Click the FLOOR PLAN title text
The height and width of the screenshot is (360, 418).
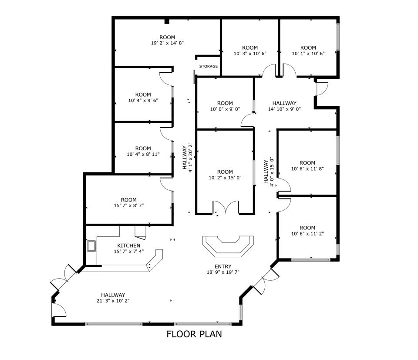tap(194, 334)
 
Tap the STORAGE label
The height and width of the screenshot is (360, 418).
tap(209, 67)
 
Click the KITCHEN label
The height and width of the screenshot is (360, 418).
tap(128, 246)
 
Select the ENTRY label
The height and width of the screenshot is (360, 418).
tap(222, 266)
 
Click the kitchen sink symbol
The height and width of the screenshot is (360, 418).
tap(92, 247)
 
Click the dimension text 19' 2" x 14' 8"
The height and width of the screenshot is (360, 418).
tap(168, 43)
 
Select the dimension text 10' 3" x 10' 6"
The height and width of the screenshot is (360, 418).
tap(250, 54)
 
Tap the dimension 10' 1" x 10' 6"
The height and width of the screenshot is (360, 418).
tap(308, 54)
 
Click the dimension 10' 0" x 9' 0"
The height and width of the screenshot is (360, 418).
tap(225, 109)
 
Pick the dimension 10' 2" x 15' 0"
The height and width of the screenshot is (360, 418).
tap(225, 178)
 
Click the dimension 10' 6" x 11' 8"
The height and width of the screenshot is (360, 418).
tap(307, 169)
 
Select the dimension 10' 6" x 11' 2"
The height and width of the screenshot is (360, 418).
tap(307, 233)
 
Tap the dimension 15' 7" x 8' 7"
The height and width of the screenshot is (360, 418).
tap(128, 205)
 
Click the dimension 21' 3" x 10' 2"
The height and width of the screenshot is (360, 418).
tap(113, 300)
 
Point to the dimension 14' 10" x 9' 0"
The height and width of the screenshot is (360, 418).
tap(284, 109)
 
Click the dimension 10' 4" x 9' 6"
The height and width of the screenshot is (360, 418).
tap(143, 100)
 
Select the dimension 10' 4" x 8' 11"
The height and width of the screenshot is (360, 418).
tap(143, 154)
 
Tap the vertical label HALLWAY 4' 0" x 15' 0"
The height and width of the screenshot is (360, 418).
tap(269, 172)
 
